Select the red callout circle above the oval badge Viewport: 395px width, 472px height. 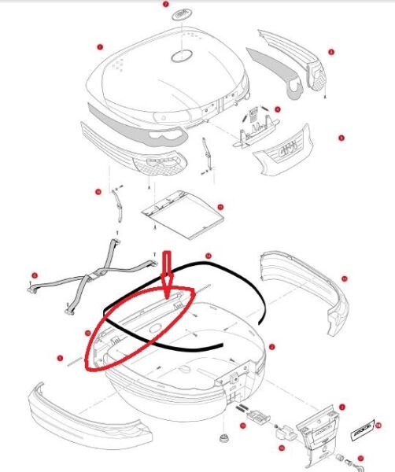click(165, 4)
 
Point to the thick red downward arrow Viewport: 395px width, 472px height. click(166, 271)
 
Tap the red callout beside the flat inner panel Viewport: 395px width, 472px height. click(220, 207)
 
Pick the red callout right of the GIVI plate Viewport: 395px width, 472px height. click(341, 138)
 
